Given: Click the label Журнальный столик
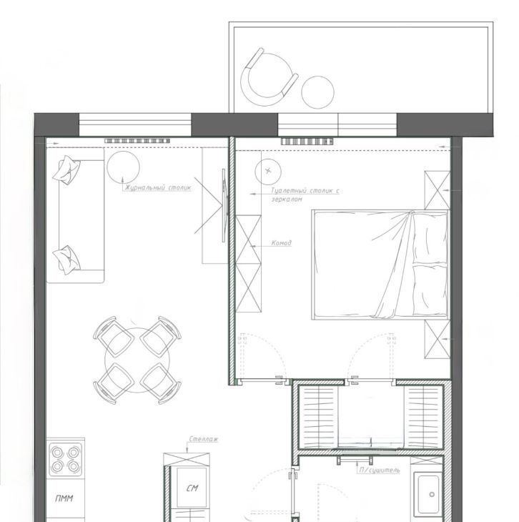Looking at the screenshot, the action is coord(158,188).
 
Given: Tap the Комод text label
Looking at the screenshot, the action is coord(282,243).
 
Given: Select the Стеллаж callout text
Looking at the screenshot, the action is coord(204,439).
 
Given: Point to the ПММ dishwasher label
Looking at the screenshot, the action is coord(64,498).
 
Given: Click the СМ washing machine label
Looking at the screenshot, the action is coord(192,488).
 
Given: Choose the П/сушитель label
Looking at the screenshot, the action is coord(379,470).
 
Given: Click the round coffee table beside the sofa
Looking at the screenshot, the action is coord(123,167).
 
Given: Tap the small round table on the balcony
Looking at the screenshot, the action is coord(317,92).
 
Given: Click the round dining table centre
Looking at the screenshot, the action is coord(137,360).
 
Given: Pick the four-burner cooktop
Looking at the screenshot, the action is coord(65,459).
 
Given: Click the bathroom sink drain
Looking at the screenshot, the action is coord(432,494).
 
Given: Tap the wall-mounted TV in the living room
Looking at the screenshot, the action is coord(224,205).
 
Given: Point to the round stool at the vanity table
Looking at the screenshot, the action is coord(268,172).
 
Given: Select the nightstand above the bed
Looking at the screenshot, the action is coord(437,190).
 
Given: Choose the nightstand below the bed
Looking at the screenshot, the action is coord(437,339).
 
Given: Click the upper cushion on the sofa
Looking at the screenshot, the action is coord(68,169).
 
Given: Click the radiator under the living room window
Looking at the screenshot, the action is coord(137,141).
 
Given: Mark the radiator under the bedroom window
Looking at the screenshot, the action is coord(307,142).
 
